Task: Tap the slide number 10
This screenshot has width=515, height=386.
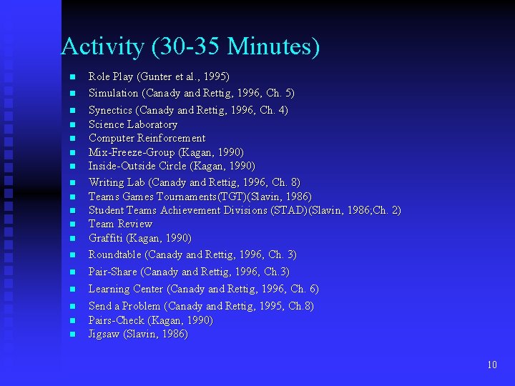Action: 491,365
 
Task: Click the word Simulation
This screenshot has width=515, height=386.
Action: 113,93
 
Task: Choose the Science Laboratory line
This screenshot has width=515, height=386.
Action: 132,124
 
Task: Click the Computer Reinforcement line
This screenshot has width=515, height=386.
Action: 147,138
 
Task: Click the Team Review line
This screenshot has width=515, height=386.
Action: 120,224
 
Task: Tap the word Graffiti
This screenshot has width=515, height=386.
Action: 106,238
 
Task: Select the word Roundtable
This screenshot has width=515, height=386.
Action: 115,254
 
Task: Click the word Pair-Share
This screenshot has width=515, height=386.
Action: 113,272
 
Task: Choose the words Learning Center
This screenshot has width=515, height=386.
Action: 126,289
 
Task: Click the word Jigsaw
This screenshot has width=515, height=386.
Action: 104,334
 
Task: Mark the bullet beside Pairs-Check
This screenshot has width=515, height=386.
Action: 72,321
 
